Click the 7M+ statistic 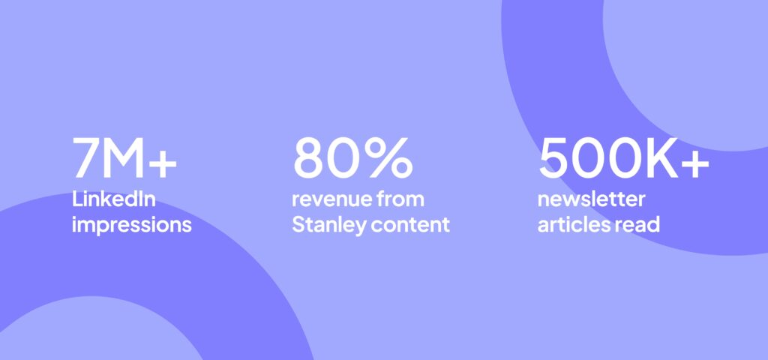124,158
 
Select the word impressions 132,224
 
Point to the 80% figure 352,158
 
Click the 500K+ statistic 623,158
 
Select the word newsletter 591,200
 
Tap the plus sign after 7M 163,160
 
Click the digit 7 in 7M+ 87,158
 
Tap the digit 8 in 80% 311,158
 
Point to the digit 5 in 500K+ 555,158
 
